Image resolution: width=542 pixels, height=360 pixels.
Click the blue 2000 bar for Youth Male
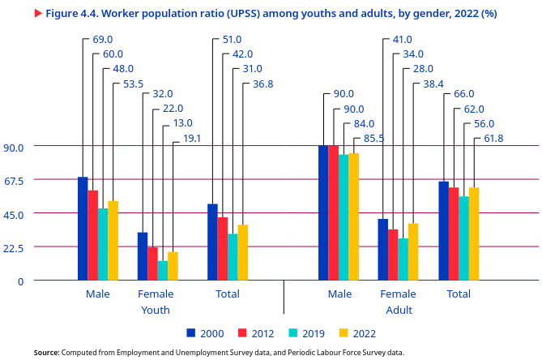click(83, 229)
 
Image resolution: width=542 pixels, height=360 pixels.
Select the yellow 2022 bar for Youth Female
click(173, 266)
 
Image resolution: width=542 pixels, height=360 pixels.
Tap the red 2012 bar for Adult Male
click(333, 213)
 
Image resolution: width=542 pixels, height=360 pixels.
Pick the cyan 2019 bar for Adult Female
click(403, 259)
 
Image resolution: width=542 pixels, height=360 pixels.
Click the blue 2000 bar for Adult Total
click(443, 231)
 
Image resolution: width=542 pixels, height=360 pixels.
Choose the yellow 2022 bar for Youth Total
click(243, 253)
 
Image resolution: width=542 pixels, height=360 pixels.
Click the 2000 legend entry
click(205, 333)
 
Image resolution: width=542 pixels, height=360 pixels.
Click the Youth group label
click(156, 311)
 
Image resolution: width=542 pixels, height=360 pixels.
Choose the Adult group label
click(399, 311)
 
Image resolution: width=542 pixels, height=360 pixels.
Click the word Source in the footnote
click(46, 353)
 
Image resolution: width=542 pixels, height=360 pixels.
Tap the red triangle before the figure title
click(38, 14)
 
